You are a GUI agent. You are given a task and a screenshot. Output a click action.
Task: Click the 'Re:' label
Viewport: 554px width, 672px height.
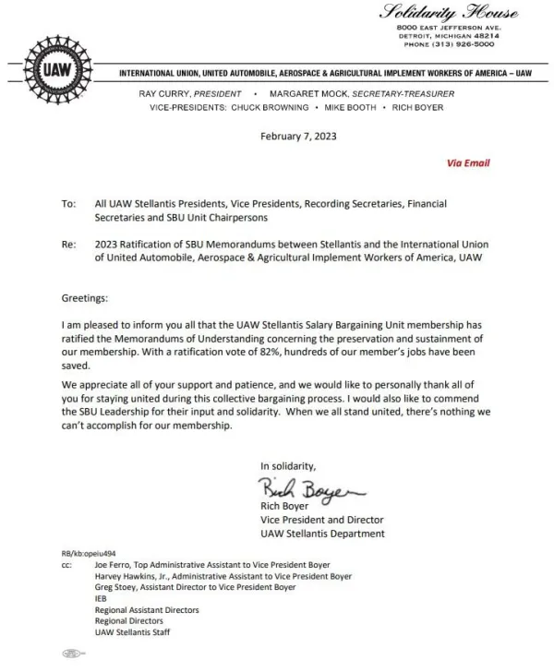tap(67, 244)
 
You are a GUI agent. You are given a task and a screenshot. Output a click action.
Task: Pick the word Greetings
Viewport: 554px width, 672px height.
tap(85, 299)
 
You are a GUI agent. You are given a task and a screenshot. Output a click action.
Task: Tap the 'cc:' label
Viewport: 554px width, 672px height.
tap(66, 561)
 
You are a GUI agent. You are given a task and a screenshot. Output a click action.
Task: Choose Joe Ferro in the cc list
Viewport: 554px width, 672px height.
tap(112, 561)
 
